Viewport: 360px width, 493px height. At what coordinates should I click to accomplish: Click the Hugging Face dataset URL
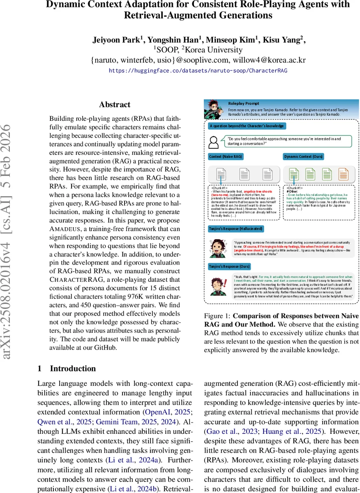[x=198, y=71]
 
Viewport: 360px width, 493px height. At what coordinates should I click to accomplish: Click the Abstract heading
[x=115, y=105]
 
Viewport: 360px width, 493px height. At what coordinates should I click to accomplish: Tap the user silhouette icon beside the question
[x=214, y=142]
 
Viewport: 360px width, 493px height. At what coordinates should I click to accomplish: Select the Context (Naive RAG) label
[x=225, y=157]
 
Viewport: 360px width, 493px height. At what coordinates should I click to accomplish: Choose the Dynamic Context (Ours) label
[x=304, y=157]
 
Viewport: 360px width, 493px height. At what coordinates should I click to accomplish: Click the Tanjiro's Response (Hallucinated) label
[x=235, y=228]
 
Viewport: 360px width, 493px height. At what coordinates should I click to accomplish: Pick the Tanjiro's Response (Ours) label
[x=227, y=267]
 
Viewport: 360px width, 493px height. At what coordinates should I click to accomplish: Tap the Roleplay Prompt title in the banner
[x=244, y=104]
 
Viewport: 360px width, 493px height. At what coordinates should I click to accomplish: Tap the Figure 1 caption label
[x=217, y=316]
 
